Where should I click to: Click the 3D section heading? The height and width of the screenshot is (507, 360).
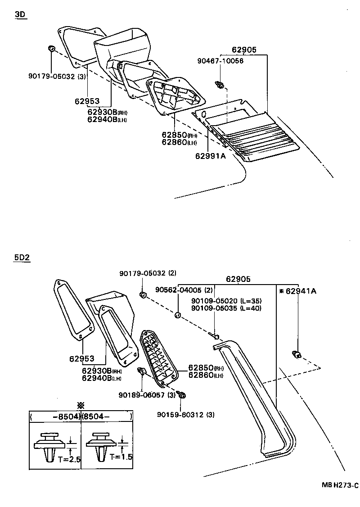coord(20,14)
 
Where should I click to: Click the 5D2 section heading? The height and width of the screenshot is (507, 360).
coord(22,258)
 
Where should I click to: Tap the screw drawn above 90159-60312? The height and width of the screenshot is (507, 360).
coord(183,395)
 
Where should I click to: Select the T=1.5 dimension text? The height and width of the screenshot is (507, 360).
coord(121,457)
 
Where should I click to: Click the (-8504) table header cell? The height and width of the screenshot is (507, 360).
coord(55,416)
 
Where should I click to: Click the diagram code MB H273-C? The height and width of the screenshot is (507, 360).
coord(340,485)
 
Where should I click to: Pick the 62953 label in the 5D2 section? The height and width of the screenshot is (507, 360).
coord(82,359)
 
